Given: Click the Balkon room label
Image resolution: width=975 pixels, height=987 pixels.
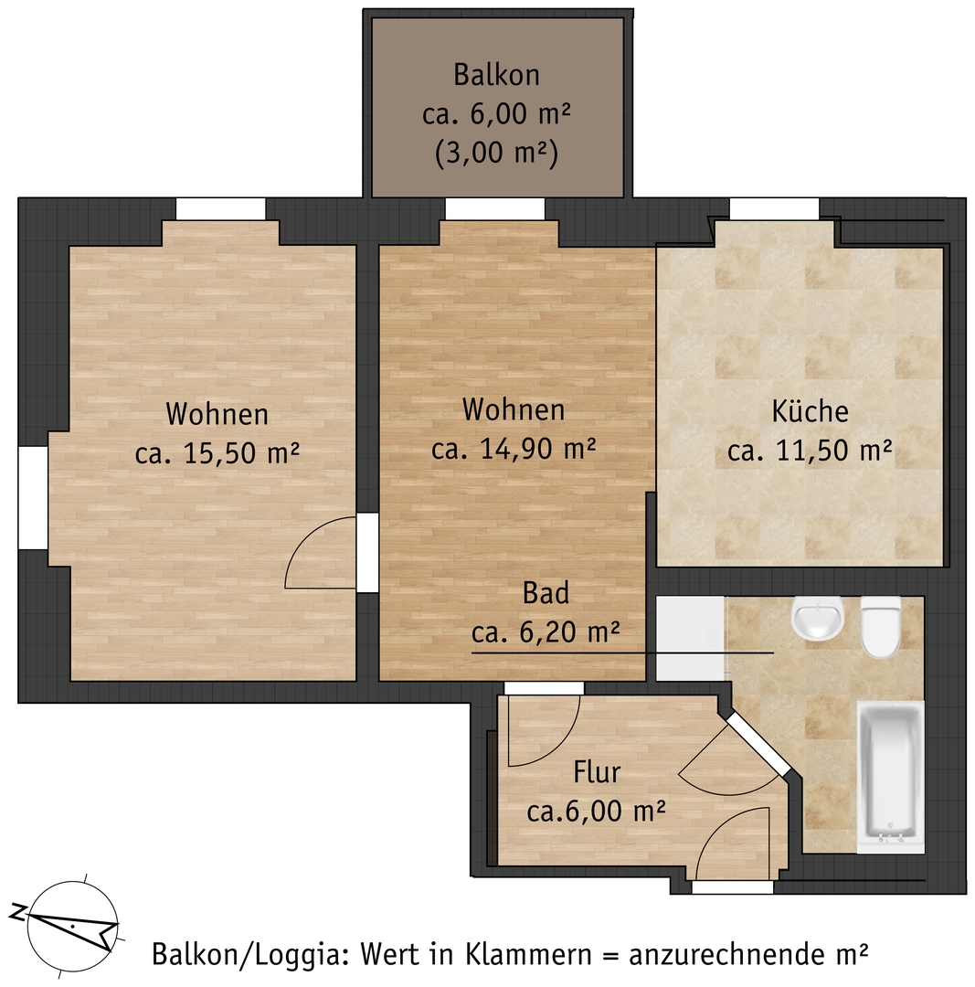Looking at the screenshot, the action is point(496,75).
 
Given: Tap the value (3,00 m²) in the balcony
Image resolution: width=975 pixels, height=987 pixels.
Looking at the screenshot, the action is point(496,153).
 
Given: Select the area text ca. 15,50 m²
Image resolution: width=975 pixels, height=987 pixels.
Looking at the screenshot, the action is point(217,452).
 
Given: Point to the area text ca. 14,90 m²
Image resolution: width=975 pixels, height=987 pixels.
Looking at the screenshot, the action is point(514,448).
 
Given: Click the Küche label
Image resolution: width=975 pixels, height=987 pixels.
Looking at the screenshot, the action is point(811,411).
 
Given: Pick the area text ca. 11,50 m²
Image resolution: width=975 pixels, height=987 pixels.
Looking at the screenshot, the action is point(811,450).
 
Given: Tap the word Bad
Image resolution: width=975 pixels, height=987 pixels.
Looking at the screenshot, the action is point(546,593).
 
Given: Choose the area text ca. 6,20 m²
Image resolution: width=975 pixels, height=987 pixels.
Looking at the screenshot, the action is point(546,631).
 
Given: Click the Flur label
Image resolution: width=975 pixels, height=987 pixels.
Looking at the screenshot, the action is point(597,771).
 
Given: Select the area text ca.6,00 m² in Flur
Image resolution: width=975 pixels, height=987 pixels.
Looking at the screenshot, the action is point(596,811).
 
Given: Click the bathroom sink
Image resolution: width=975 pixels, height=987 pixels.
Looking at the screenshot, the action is point(818,616).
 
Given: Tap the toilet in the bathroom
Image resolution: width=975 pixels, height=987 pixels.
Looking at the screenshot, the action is point(881,626).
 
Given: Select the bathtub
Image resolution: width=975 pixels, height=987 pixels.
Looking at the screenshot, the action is point(889,778).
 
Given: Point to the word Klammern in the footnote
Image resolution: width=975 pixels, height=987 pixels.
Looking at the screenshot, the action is point(529,954).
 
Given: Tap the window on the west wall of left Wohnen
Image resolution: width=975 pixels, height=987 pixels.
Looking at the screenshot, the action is point(33,497).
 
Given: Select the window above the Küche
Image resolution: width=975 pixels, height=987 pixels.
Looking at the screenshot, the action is point(774,208).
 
